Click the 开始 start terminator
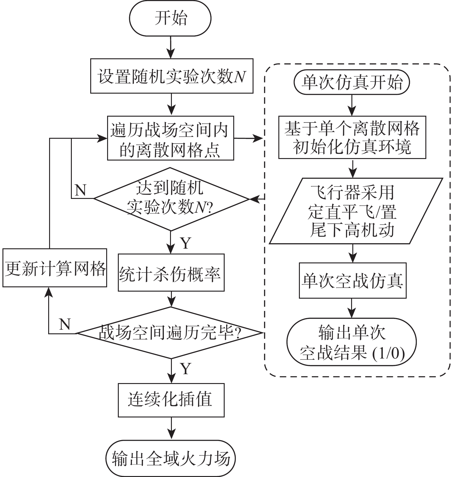(170, 18)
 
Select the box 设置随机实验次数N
(172, 76)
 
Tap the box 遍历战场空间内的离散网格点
(170, 138)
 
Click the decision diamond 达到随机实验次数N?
(171, 199)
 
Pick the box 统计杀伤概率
(171, 272)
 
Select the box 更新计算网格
(55, 268)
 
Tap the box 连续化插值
(171, 400)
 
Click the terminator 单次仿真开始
(352, 83)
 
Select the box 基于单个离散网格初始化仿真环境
(352, 137)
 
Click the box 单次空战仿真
(352, 280)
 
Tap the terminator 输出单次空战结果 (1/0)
(352, 342)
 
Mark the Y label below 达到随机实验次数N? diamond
(186, 243)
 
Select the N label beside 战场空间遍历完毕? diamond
(65, 324)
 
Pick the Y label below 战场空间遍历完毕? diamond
(186, 369)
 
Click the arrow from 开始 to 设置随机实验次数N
(171, 47)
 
